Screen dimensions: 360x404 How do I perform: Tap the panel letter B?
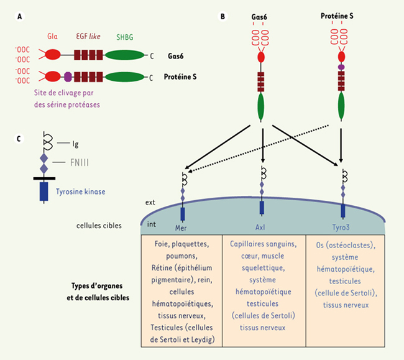(x=223, y=16)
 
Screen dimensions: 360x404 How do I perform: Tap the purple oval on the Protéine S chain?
(x=68, y=78)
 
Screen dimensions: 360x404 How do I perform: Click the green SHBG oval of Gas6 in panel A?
(x=123, y=55)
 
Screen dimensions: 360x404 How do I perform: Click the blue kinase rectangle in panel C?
(x=44, y=191)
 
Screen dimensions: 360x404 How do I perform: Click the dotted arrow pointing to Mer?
(x=261, y=149)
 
